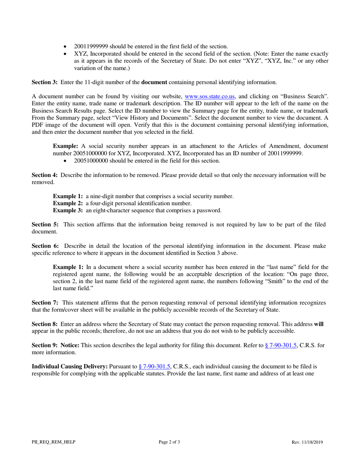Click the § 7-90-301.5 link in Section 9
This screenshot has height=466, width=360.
coord(281,345)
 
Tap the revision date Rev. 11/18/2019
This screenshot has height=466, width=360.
coord(307,442)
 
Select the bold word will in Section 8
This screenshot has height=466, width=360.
coord(318,324)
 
